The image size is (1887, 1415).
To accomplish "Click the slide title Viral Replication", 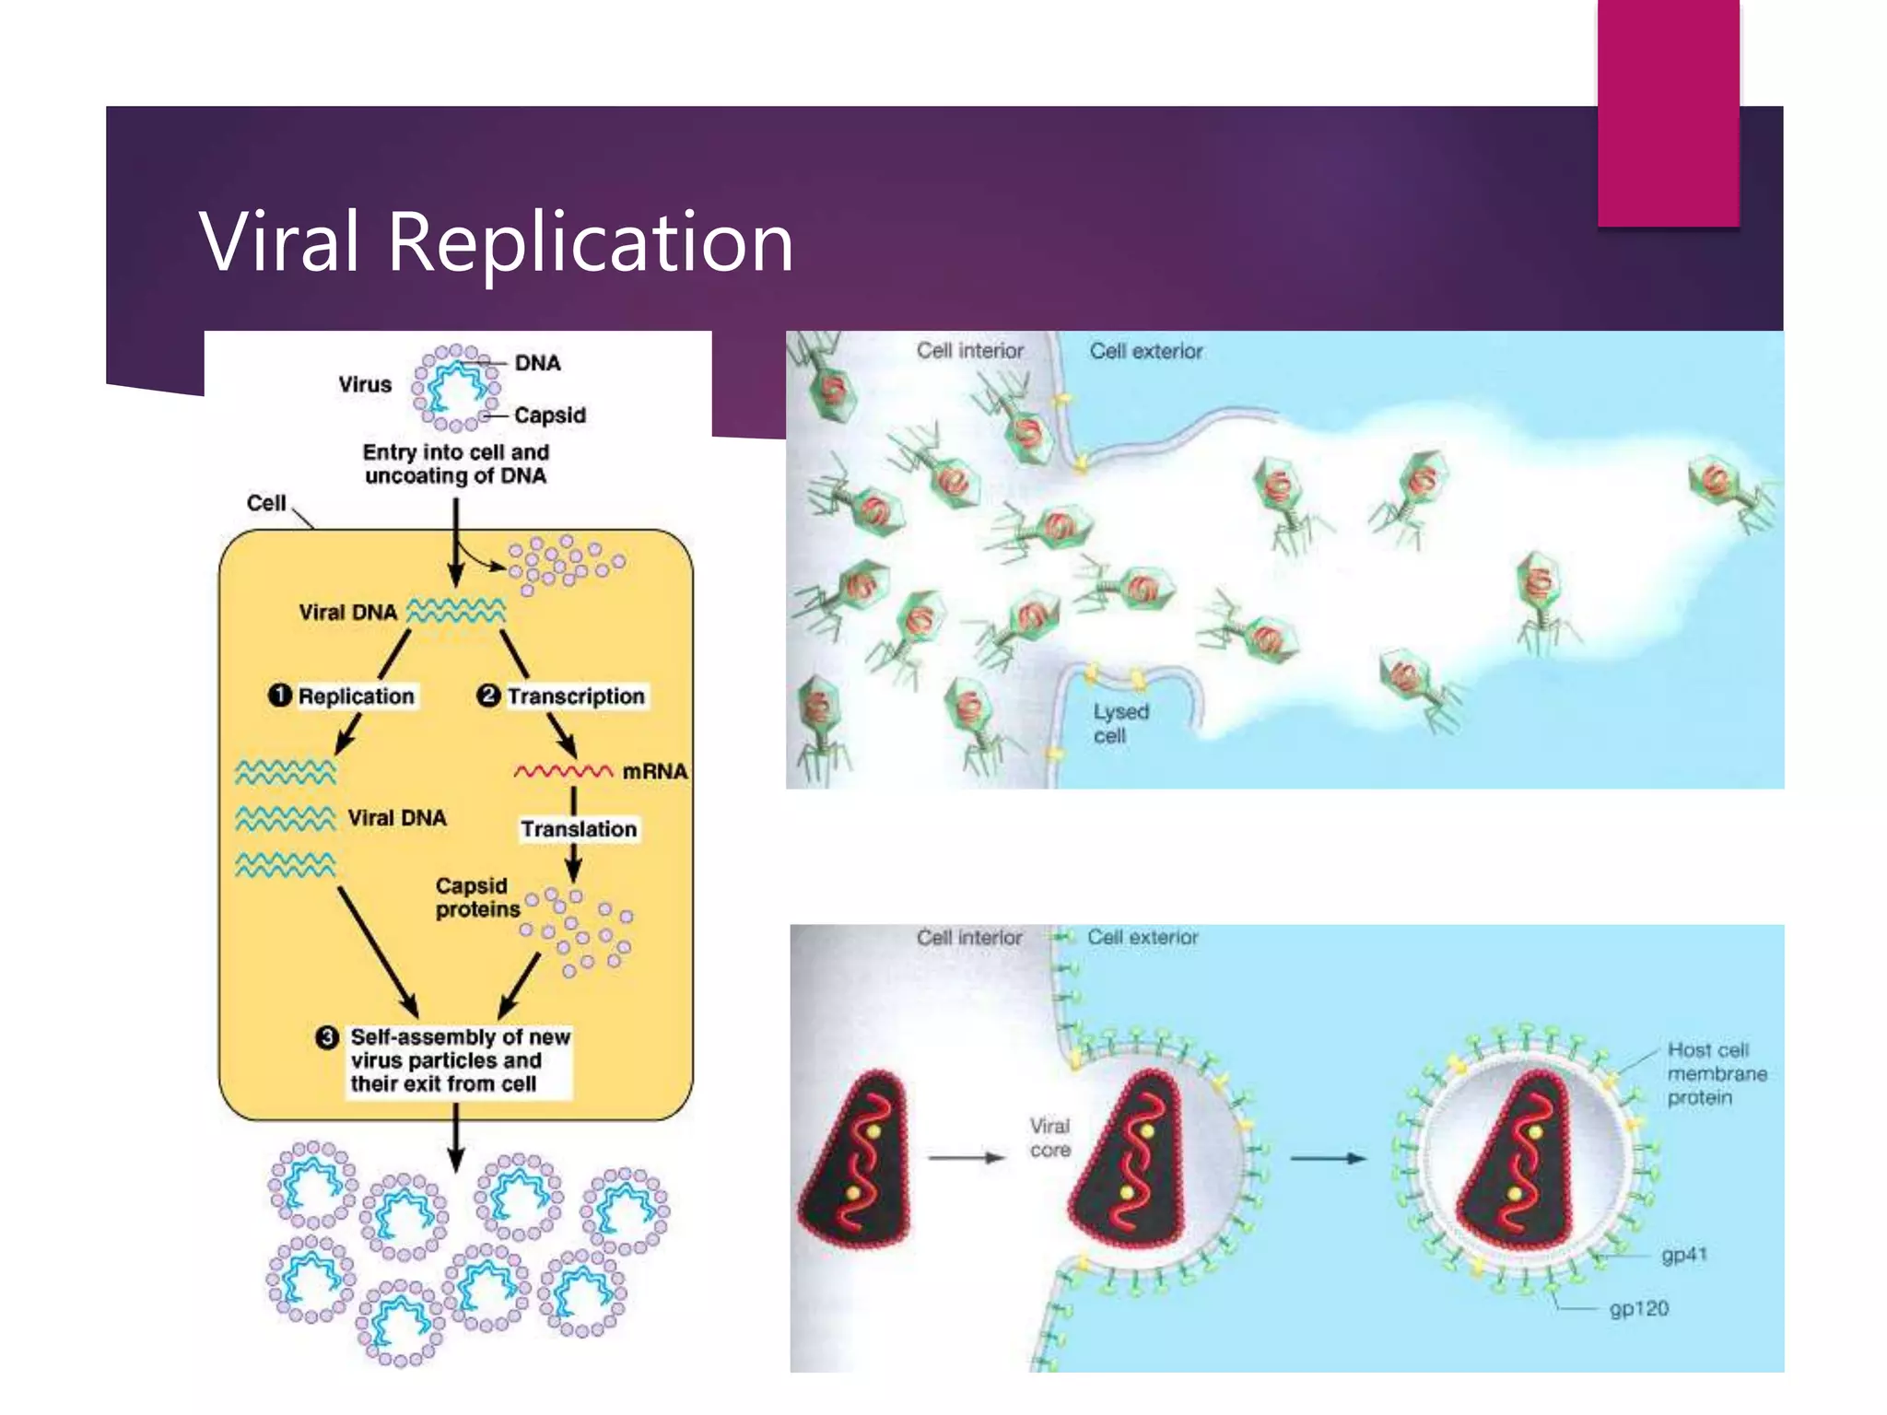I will (496, 241).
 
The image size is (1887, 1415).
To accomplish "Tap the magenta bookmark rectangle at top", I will (1668, 112).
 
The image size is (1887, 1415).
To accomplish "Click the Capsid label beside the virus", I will (550, 415).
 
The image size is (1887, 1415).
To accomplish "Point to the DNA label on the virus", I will (537, 363).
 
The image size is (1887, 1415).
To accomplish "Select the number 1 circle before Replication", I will (280, 696).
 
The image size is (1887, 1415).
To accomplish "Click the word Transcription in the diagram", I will (576, 696).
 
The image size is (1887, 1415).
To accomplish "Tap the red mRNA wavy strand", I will (563, 771).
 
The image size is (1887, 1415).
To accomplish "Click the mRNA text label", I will (654, 771).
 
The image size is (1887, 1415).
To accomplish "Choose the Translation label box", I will (579, 829).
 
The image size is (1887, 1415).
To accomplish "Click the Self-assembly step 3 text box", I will (460, 1060).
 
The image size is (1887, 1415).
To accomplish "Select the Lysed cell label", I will (1120, 723).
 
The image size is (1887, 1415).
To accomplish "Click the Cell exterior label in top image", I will (1145, 351).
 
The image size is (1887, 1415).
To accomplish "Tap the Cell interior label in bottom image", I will (968, 937).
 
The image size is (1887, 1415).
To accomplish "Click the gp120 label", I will (1638, 1308).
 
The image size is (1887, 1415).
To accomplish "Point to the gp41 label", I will (1683, 1255).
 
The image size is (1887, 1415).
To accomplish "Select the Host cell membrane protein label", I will (1716, 1073).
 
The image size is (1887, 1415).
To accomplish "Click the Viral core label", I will (1049, 1138).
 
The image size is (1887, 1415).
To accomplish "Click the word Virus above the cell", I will (364, 384).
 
